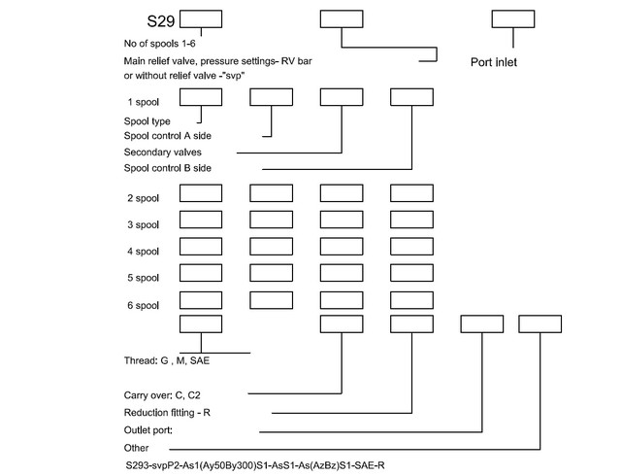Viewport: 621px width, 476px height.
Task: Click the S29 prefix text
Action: (161, 21)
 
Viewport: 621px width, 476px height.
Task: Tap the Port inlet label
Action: (494, 62)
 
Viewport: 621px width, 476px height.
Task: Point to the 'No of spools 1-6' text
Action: (159, 44)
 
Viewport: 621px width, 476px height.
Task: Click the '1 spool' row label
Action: (143, 102)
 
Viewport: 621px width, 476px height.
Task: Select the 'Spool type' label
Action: (147, 121)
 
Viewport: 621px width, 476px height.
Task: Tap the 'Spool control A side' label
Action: (168, 136)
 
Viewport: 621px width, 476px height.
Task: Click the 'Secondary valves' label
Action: (162, 152)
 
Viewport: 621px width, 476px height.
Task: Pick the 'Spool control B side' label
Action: (168, 168)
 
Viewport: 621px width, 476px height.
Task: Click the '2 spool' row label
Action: (143, 198)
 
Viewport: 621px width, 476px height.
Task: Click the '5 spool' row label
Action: (143, 278)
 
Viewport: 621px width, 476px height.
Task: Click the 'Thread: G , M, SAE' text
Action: (167, 360)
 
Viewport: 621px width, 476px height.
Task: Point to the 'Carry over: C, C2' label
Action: (162, 395)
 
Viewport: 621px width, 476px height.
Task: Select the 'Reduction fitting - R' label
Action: (167, 413)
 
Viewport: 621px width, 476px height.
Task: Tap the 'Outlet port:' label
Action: (148, 430)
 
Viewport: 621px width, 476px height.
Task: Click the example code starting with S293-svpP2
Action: (255, 465)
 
